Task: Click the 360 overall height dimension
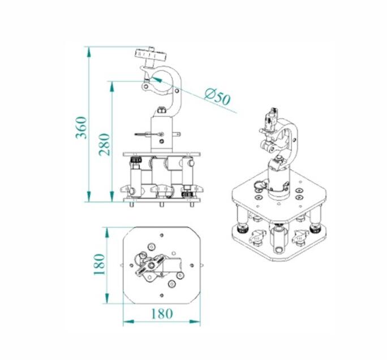coord(81,128)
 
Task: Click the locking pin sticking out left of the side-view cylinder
coord(144,135)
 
